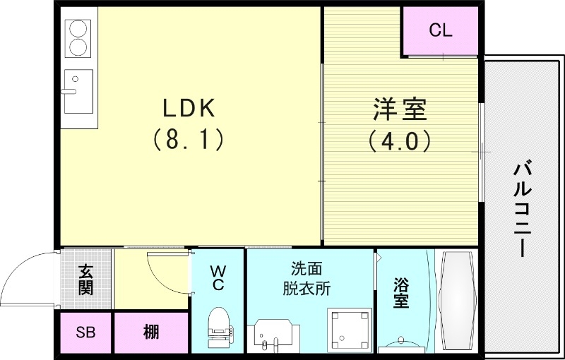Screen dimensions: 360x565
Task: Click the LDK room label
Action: click(x=189, y=108)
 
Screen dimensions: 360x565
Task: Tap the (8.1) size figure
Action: click(x=189, y=139)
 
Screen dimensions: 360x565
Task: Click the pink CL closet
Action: click(x=441, y=31)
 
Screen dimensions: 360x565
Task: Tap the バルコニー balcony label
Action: click(x=523, y=209)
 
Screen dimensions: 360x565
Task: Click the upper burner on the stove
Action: click(x=78, y=30)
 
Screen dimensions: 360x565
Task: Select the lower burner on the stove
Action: click(x=78, y=49)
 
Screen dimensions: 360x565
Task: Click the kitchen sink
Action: click(x=78, y=92)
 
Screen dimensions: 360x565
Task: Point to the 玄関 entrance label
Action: click(x=85, y=280)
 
